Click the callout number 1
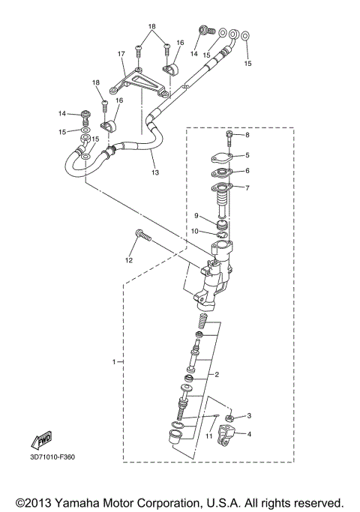(115, 362)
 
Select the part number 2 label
(217, 373)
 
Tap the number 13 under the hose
(155, 172)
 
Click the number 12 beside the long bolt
(128, 260)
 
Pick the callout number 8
(247, 135)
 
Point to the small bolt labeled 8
(229, 138)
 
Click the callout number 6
(247, 170)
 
